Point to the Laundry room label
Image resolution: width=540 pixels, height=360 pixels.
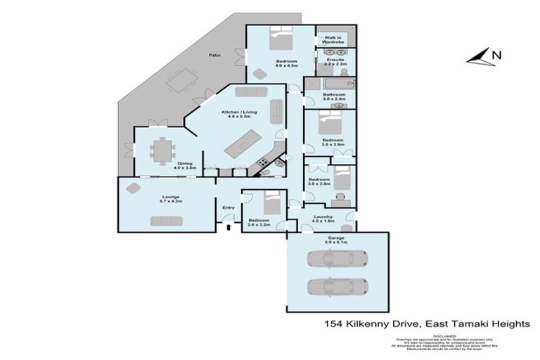point(323,219)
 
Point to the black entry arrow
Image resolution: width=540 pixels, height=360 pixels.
point(228,226)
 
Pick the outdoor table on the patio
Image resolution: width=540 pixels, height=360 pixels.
point(181,82)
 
